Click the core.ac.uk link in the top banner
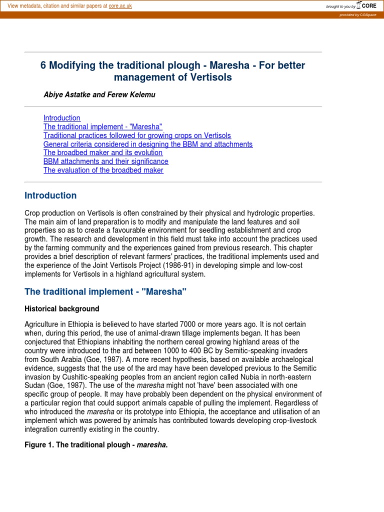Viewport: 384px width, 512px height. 120,6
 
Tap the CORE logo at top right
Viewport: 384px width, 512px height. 366,5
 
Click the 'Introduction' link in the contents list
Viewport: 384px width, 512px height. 62,118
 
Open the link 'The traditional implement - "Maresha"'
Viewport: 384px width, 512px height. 103,127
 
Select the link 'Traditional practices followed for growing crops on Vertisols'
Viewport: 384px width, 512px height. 137,135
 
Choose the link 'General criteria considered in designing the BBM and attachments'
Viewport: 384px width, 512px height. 148,144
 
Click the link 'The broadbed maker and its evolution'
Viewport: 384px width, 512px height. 103,152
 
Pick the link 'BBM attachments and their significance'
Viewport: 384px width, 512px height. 106,161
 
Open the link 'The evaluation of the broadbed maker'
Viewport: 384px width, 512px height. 103,170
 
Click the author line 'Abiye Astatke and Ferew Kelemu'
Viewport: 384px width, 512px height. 99,94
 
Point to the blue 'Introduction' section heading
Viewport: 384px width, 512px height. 50,195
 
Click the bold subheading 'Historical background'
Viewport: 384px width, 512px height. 62,308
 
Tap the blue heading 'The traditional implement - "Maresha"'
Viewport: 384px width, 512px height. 105,292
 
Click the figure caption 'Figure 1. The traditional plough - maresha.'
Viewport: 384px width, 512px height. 96,445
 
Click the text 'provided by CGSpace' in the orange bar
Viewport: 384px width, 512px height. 358,15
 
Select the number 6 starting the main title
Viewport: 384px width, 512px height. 43,65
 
